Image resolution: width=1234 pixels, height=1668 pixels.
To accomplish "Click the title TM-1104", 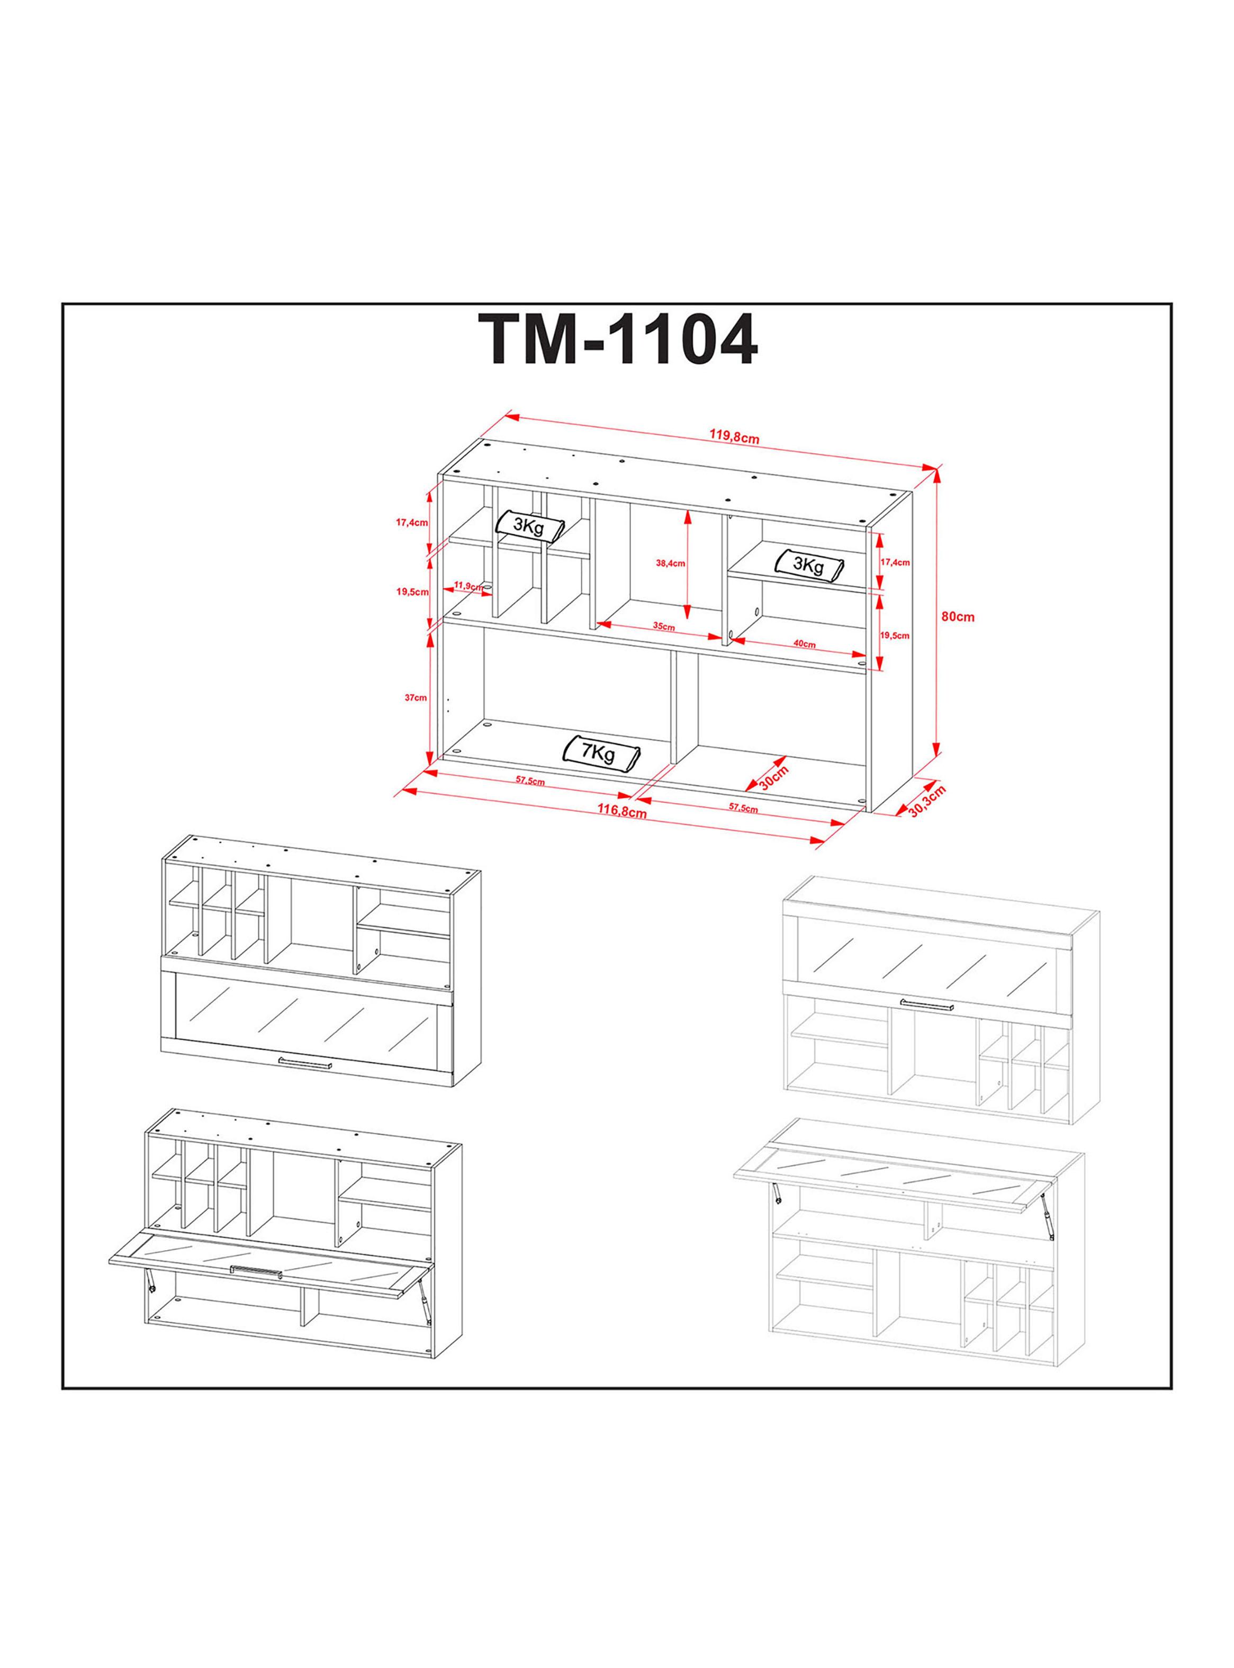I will (x=617, y=340).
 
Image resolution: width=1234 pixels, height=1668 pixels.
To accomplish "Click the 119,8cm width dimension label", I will (x=734, y=437).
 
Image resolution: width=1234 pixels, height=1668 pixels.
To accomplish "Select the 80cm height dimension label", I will (x=958, y=617).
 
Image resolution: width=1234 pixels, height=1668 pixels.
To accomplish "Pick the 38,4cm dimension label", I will (x=671, y=563).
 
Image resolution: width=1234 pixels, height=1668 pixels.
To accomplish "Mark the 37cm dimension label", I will (x=416, y=698).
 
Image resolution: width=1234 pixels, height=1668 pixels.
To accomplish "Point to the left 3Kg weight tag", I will (x=529, y=526).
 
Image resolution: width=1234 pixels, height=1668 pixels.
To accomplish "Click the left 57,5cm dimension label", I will (x=529, y=782).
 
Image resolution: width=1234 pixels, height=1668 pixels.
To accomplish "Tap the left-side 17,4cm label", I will (x=411, y=523).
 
